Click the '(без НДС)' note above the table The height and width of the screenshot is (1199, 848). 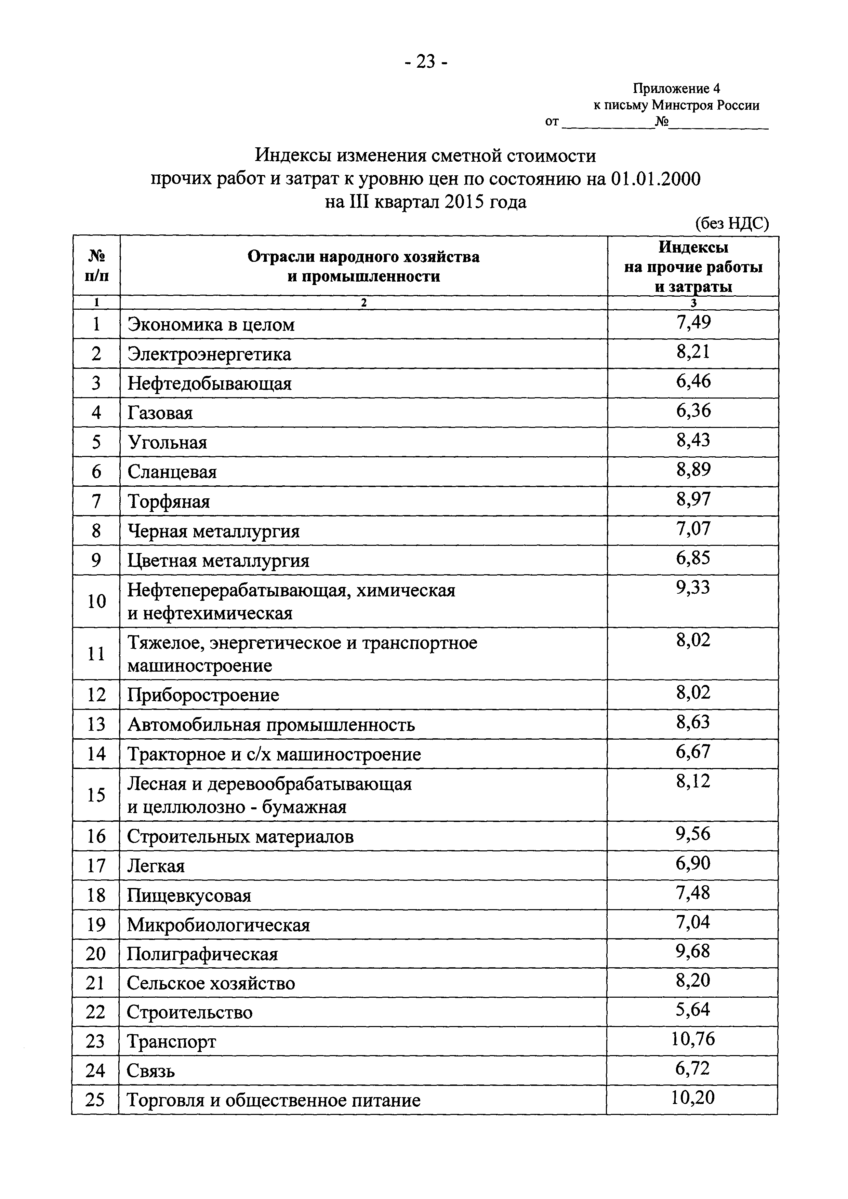pyautogui.click(x=731, y=224)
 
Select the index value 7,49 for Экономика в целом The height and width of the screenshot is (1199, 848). pyautogui.click(x=693, y=323)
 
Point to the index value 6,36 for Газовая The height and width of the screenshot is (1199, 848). pyautogui.click(x=693, y=411)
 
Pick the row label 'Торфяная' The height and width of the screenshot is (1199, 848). pyautogui.click(x=169, y=502)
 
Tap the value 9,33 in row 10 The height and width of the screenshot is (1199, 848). pyautogui.click(x=693, y=588)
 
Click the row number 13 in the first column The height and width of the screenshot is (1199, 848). pyautogui.click(x=96, y=724)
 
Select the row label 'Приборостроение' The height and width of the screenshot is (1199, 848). pyautogui.click(x=203, y=695)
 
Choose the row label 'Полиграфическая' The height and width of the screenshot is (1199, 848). pyautogui.click(x=202, y=955)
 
